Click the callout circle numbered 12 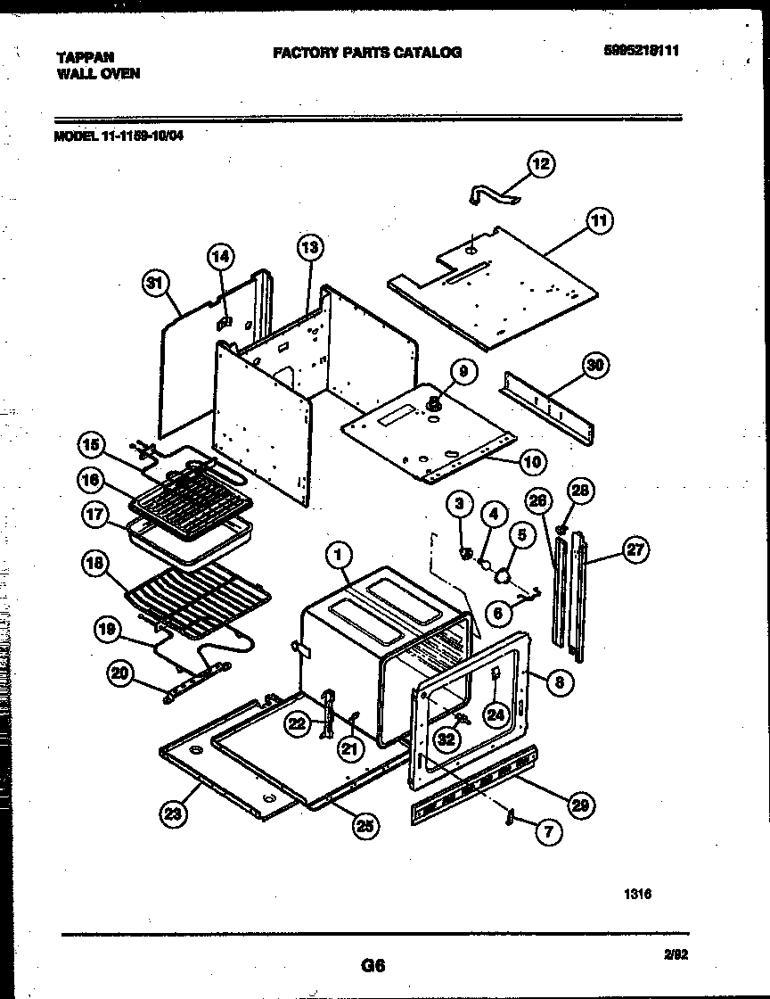coord(541,163)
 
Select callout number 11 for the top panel coord(600,221)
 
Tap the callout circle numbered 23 coord(172,812)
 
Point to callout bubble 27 coord(635,549)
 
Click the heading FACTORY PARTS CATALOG coord(367,53)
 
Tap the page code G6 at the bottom coord(373,965)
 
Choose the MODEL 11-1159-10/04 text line coord(119,136)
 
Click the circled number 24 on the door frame coord(495,713)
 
